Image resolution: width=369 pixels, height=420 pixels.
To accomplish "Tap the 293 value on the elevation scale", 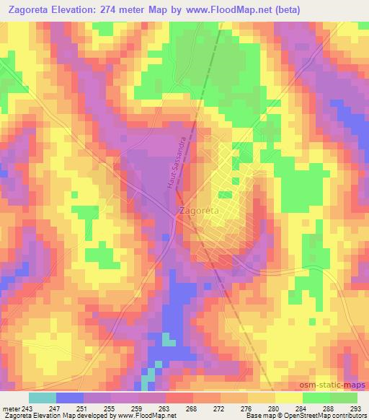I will tap(355, 408).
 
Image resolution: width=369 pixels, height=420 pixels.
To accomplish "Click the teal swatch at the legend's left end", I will tap(42, 398).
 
